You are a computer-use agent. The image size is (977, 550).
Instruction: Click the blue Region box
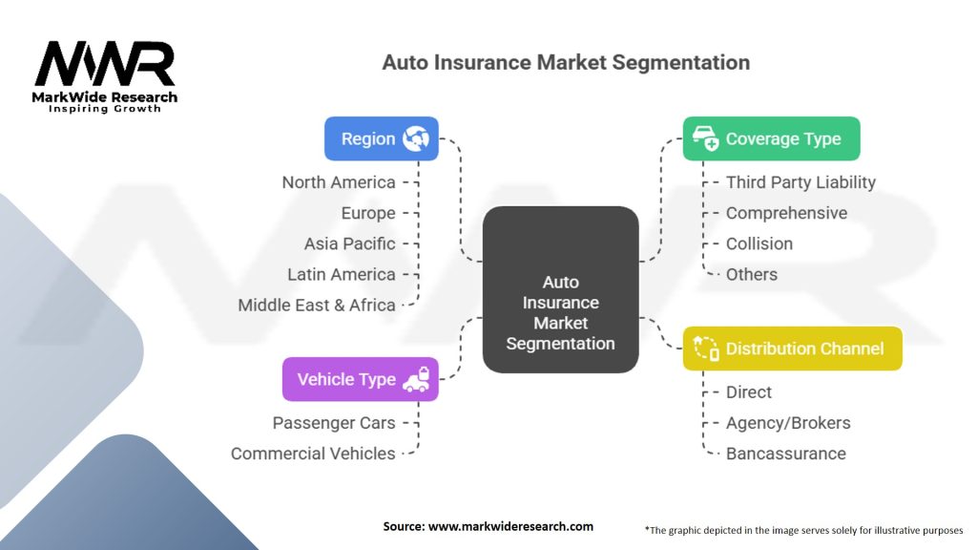pyautogui.click(x=381, y=138)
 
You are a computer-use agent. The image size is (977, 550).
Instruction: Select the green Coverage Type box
pyautogui.click(x=771, y=138)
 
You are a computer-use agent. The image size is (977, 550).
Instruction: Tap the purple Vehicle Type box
pyautogui.click(x=360, y=379)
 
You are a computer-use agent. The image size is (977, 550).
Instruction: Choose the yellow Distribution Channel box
pyautogui.click(x=792, y=349)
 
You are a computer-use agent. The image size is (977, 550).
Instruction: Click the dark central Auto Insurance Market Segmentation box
pyautogui.click(x=560, y=289)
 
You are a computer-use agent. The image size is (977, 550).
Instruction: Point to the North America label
pyautogui.click(x=338, y=182)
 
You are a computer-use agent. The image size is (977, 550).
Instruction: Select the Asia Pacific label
pyautogui.click(x=349, y=243)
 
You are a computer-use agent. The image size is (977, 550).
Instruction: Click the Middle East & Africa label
pyautogui.click(x=317, y=305)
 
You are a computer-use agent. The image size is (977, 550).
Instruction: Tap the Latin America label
pyautogui.click(x=341, y=274)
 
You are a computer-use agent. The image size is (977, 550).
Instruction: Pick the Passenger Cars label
pyautogui.click(x=334, y=422)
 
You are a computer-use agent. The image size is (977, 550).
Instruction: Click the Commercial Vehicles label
pyautogui.click(x=313, y=454)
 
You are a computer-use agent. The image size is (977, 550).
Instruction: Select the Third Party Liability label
pyautogui.click(x=800, y=182)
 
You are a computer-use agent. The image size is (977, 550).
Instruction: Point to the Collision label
pyautogui.click(x=759, y=243)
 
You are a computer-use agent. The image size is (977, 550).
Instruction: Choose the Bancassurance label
pyautogui.click(x=785, y=454)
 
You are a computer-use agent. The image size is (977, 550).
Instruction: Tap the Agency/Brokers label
pyautogui.click(x=787, y=422)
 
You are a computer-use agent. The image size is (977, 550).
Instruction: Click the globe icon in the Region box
pyautogui.click(x=416, y=138)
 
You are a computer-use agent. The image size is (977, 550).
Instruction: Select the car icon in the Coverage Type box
pyautogui.click(x=705, y=139)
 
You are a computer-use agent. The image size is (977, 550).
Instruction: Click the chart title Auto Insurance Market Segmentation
pyautogui.click(x=566, y=63)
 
